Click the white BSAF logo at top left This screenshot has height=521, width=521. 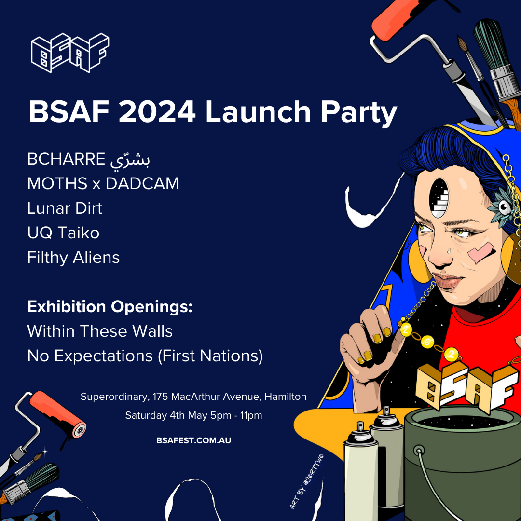point(70,53)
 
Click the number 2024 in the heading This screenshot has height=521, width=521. point(157,111)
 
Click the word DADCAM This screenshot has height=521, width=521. point(142,183)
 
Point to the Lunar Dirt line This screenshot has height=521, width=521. point(65,208)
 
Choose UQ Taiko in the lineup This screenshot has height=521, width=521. point(63,233)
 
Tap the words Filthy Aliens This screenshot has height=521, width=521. point(73,258)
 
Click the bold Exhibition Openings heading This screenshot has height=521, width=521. point(110,307)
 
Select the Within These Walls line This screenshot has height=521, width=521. point(100,331)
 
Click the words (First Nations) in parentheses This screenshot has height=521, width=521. point(210,356)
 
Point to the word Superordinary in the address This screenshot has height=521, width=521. point(115,397)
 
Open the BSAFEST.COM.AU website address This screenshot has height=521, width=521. point(194,440)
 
